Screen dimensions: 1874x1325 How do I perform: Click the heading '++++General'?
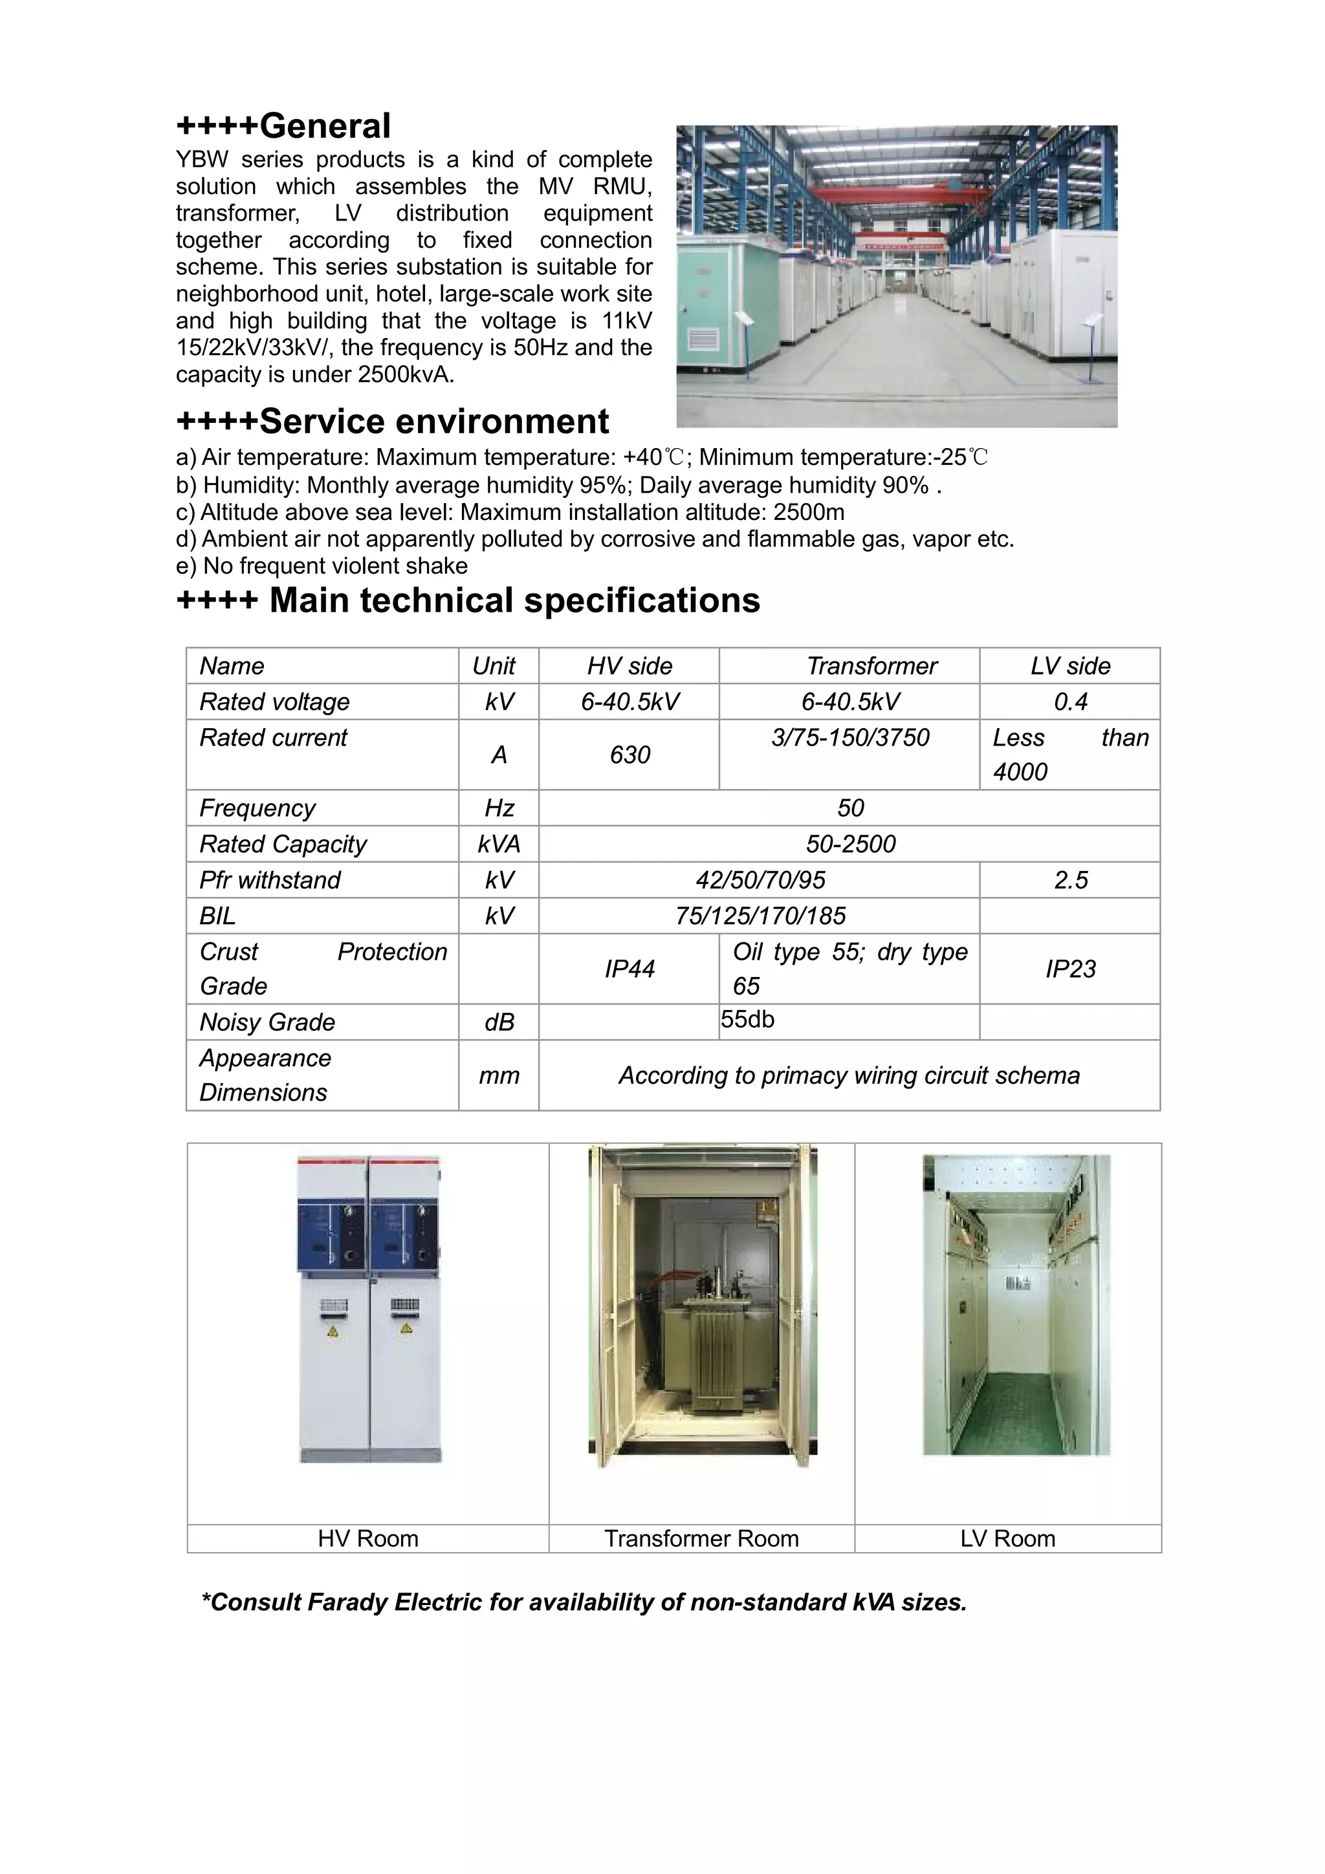click(x=283, y=127)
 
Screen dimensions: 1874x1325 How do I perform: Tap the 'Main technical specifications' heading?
click(x=468, y=601)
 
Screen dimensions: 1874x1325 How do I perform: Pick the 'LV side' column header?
click(x=1069, y=666)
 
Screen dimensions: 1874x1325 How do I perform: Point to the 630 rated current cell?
click(x=630, y=755)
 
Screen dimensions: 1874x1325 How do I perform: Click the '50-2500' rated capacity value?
click(x=850, y=844)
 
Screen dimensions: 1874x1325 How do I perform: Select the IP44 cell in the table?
click(x=630, y=969)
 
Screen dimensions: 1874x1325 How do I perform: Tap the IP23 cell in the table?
click(x=1069, y=969)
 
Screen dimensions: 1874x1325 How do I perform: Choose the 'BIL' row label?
click(x=218, y=916)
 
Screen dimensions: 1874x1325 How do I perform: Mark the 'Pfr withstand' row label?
click(x=270, y=880)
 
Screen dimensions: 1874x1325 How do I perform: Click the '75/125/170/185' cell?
click(x=760, y=916)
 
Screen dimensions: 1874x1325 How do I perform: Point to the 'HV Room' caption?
click(x=367, y=1538)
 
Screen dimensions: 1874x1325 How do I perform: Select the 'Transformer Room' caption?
click(x=701, y=1538)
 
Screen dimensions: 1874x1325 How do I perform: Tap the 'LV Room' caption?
click(x=1007, y=1538)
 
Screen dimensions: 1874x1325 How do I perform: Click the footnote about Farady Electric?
click(x=584, y=1602)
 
